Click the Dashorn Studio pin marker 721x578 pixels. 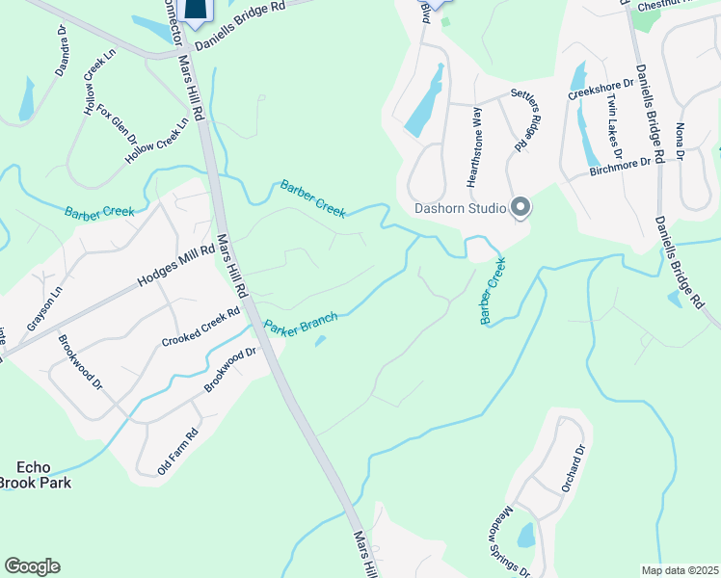(521, 207)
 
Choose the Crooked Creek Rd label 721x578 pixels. (200, 328)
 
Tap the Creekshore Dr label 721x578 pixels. (600, 86)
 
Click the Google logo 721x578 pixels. (32, 566)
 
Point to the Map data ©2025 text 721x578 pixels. (681, 570)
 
